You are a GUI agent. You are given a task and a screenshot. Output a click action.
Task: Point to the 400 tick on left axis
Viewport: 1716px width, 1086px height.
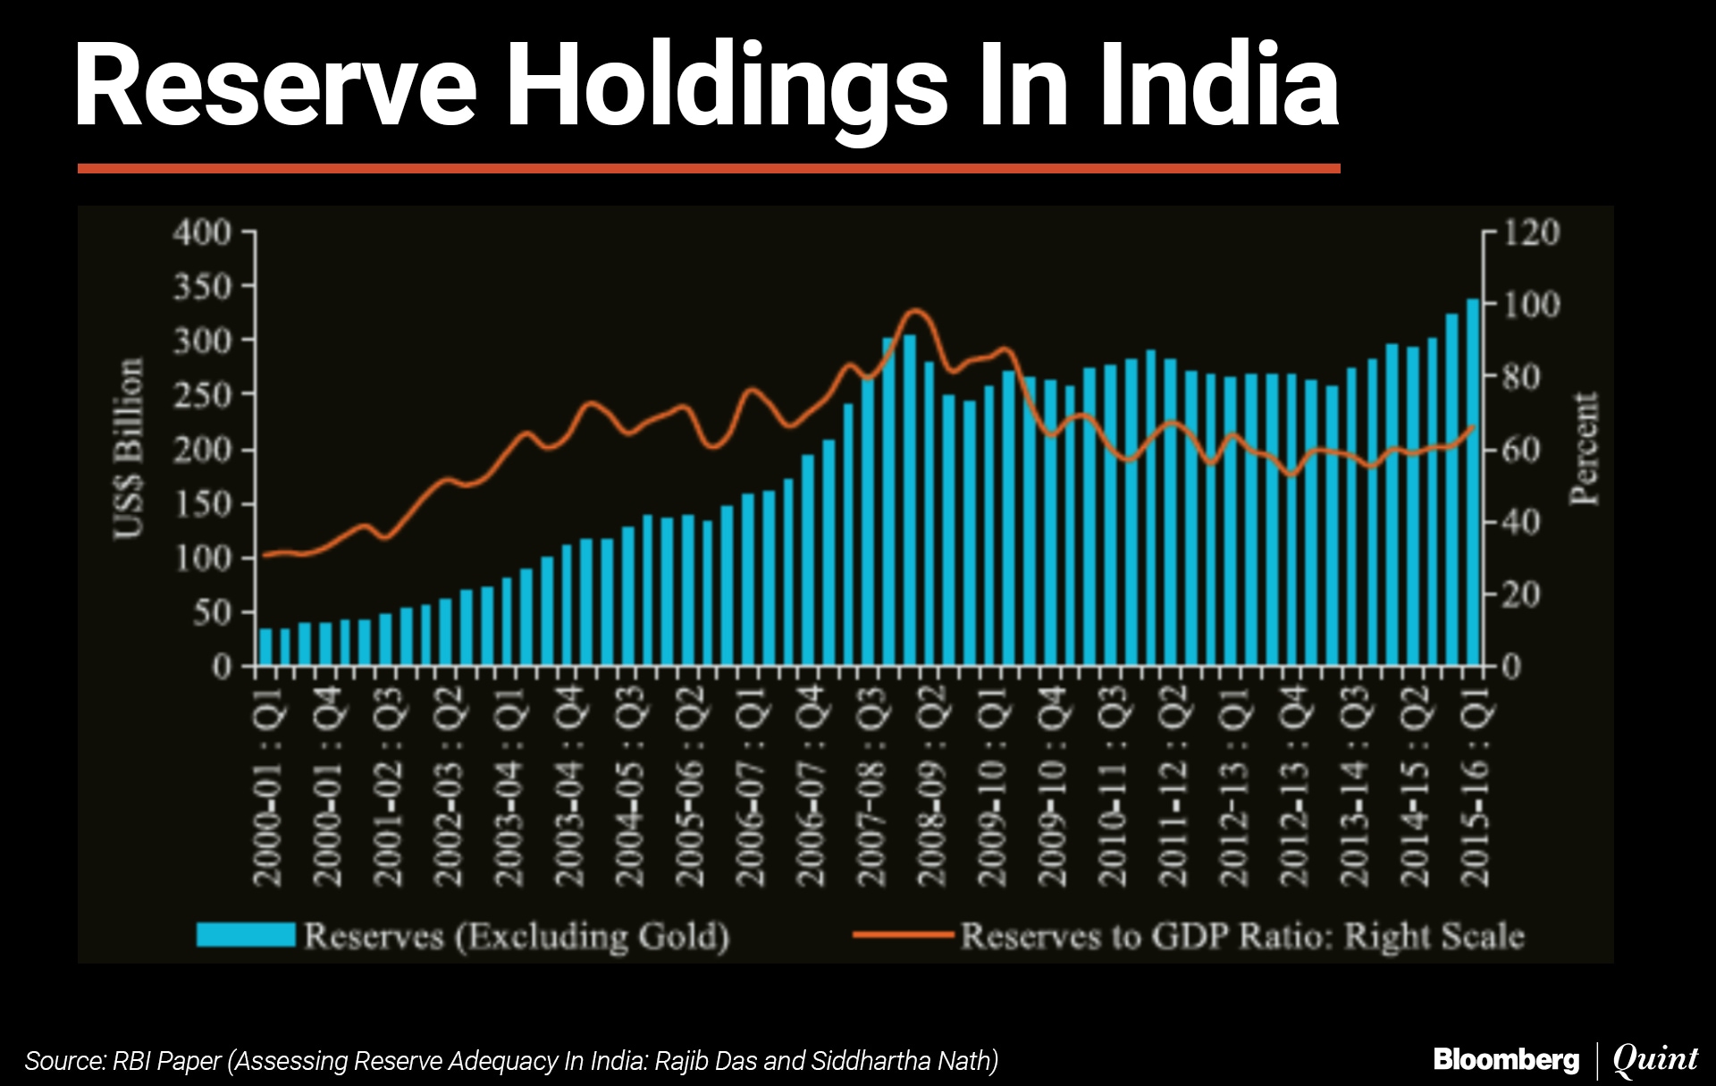202,232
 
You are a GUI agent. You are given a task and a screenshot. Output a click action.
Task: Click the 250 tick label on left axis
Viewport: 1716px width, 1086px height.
202,394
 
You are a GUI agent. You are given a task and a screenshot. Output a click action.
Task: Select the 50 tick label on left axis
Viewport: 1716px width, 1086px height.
213,613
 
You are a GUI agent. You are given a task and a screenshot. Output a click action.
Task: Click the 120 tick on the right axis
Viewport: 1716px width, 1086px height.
1532,232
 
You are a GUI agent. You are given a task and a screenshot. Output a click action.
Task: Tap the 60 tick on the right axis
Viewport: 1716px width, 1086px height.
1521,450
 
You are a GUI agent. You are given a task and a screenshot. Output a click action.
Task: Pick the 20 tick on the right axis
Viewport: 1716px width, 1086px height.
1521,594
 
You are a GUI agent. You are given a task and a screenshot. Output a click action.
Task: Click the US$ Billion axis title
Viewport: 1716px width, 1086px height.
129,449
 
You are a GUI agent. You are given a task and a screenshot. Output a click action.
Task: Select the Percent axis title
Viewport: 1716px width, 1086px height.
1585,449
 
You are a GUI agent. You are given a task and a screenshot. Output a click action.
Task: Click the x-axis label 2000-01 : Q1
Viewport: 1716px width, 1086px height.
268,787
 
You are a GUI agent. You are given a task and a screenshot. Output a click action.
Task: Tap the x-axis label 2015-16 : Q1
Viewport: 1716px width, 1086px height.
1476,787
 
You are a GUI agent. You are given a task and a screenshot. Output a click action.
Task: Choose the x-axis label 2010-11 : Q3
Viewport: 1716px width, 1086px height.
1114,787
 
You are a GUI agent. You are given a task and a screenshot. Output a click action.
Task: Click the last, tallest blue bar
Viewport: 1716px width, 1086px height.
1473,483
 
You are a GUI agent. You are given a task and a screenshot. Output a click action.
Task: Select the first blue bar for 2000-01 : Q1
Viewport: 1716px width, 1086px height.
265,647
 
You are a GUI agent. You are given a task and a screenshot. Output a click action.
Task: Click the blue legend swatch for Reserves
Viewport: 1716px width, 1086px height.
246,935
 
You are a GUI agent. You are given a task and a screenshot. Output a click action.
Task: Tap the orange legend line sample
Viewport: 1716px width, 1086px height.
904,935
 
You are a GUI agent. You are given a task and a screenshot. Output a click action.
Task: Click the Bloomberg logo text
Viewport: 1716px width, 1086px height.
1506,1060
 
